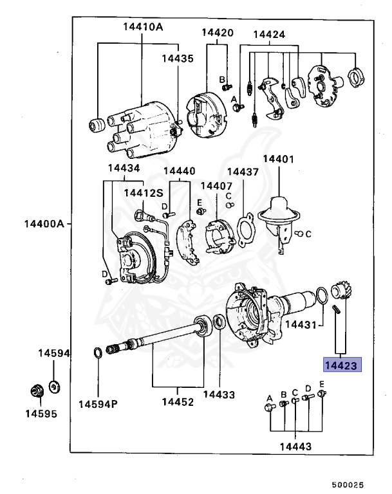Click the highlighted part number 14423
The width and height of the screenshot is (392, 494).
(x=343, y=365)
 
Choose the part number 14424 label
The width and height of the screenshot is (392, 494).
(x=269, y=34)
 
